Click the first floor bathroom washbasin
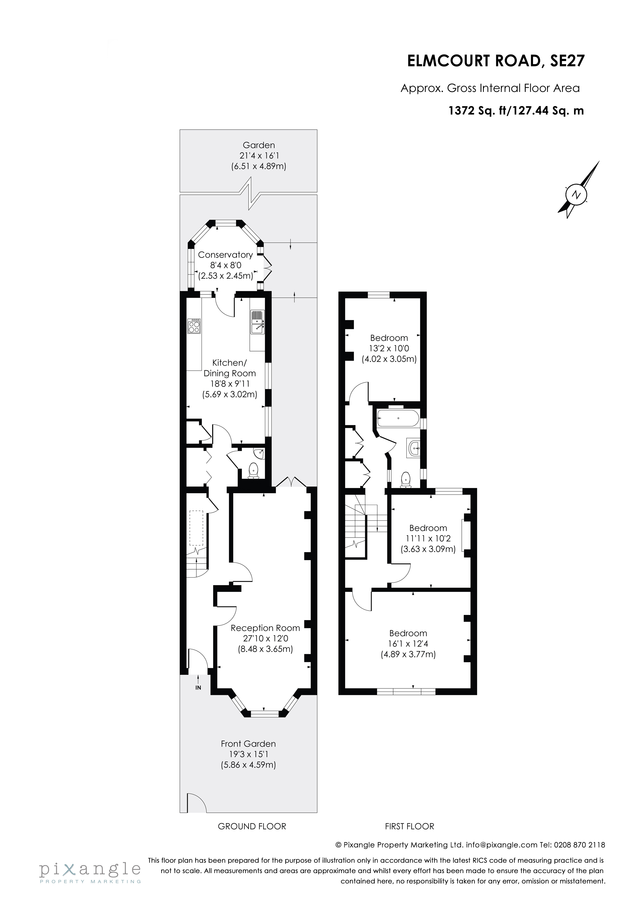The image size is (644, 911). click(x=414, y=449)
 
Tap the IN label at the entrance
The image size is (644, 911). click(x=198, y=688)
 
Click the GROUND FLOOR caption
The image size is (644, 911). click(x=252, y=827)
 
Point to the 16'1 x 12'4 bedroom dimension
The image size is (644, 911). click(x=408, y=644)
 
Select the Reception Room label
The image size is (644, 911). click(x=265, y=628)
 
